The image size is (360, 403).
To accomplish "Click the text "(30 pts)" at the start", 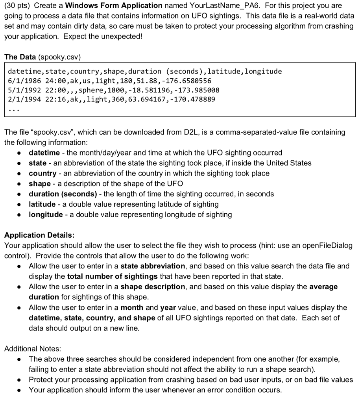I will [x=16, y=6].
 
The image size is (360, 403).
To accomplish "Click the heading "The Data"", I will [x=20, y=57].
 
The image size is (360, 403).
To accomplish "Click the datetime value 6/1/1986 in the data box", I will [x=23, y=81].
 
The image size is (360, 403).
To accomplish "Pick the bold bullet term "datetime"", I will [x=44, y=153].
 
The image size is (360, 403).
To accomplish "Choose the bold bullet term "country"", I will [x=42, y=173].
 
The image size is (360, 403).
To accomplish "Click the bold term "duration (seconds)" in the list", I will [x=63, y=194].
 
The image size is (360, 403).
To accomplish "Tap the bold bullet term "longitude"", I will [x=46, y=214].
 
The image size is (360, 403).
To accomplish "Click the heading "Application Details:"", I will [x=39, y=235].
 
